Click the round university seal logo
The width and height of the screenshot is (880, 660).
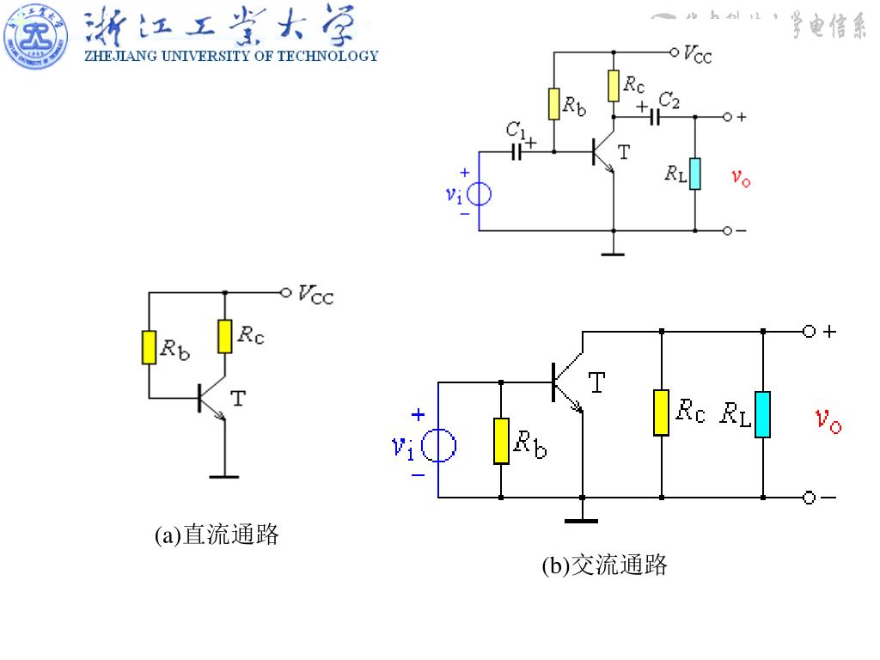(x=36, y=37)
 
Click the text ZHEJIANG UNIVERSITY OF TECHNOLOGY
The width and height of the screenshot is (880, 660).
(x=230, y=57)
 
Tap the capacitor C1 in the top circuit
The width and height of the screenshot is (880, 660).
(x=516, y=152)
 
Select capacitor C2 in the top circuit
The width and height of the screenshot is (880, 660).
(x=655, y=116)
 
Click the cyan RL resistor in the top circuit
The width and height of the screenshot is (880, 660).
(x=694, y=174)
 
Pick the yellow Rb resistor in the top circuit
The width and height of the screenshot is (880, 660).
(x=554, y=104)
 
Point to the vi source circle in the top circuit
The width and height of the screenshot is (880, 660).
(x=479, y=194)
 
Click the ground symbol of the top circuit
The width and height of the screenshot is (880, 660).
(x=613, y=253)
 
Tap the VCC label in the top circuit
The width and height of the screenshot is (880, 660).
(x=697, y=54)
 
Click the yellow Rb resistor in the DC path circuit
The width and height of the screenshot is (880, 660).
(x=150, y=347)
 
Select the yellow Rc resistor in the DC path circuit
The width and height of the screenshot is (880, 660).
(x=224, y=336)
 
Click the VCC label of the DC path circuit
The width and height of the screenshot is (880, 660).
(x=315, y=295)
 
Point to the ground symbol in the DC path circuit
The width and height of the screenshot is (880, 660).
(x=224, y=474)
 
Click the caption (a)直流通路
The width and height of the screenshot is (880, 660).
(x=217, y=535)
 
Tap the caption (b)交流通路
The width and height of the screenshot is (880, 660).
(x=605, y=565)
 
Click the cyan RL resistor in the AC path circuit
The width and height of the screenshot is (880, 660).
(x=763, y=414)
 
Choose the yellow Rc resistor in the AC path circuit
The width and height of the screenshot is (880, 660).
(x=661, y=412)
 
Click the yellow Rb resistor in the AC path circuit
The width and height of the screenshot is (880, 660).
(x=501, y=441)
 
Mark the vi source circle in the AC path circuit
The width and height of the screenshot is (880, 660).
(x=439, y=445)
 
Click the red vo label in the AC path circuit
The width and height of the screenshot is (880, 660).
(x=828, y=420)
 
